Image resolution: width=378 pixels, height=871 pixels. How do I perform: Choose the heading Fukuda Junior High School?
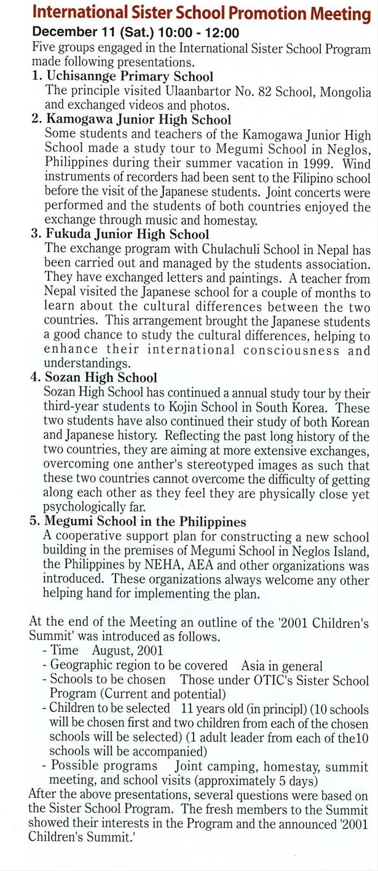pos(127,234)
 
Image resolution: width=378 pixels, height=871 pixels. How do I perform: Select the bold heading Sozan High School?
pos(100,378)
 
